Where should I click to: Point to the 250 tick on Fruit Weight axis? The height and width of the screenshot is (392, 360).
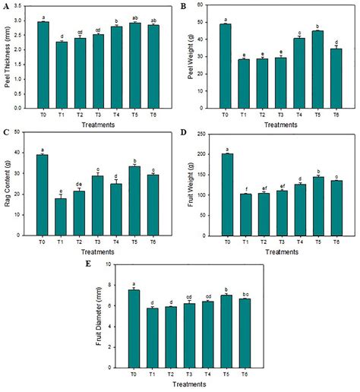tap(204, 134)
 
